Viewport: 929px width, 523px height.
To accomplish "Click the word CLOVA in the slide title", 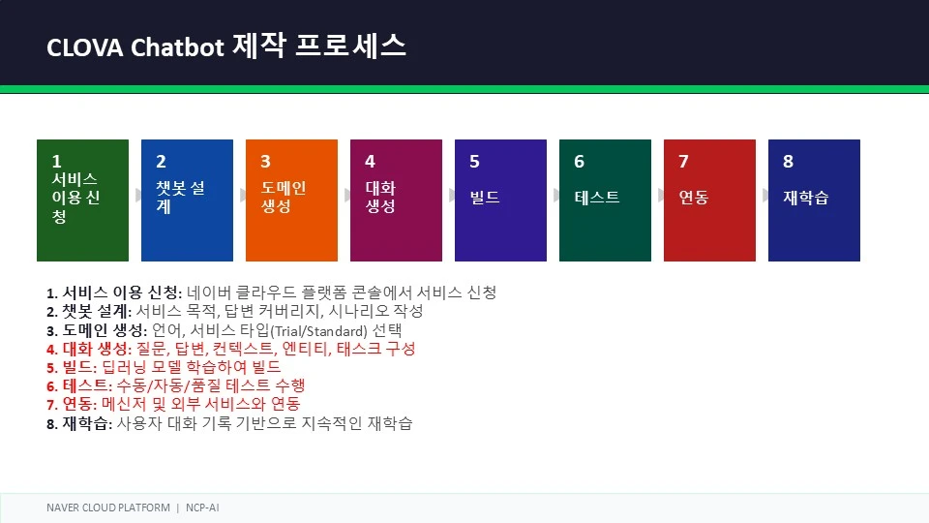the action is pyautogui.click(x=85, y=47).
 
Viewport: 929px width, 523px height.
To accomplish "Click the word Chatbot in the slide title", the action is pyautogui.click(x=177, y=46).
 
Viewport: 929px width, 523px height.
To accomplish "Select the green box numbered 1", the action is pyautogui.click(x=82, y=200).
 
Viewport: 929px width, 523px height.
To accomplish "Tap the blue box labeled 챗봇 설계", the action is pyautogui.click(x=187, y=200).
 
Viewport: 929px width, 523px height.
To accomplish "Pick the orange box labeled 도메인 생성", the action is pyautogui.click(x=291, y=200).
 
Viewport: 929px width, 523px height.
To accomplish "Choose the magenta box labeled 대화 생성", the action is pyautogui.click(x=397, y=200).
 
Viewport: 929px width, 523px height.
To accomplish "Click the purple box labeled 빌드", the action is pyautogui.click(x=500, y=200).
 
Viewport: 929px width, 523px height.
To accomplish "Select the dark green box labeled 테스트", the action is pyautogui.click(x=605, y=200).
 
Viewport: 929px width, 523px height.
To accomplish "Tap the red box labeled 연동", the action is pyautogui.click(x=709, y=200).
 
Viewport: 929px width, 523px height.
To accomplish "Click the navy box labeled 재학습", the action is pyautogui.click(x=814, y=200).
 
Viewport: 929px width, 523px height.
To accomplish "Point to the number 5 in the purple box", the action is pyautogui.click(x=474, y=162).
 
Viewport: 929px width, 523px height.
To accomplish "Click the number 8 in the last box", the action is pyautogui.click(x=788, y=162).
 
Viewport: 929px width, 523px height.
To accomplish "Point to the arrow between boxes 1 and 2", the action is pyautogui.click(x=138, y=195).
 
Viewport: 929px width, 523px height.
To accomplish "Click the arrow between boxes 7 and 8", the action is pyautogui.click(x=765, y=195).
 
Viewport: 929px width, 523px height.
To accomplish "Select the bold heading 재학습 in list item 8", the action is pyautogui.click(x=86, y=423).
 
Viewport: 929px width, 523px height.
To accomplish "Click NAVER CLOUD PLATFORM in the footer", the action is pyautogui.click(x=108, y=508).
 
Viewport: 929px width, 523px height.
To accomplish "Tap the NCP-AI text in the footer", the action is pyautogui.click(x=202, y=508).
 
